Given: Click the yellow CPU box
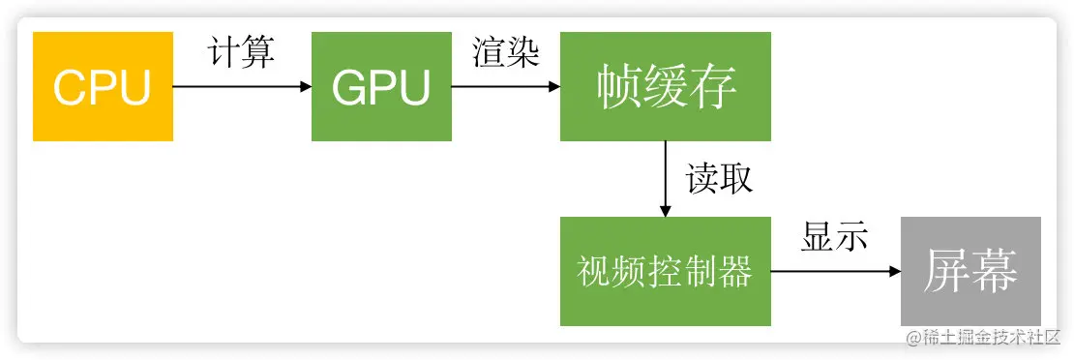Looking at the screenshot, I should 103,86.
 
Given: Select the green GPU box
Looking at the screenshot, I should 380,86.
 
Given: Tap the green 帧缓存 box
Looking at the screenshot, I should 666,86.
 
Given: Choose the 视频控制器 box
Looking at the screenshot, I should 666,271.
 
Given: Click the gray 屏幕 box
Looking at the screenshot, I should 970,271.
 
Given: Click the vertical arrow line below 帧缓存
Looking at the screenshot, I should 666,174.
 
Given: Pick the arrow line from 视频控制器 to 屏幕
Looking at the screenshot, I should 832,271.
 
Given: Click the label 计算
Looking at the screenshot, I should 242,52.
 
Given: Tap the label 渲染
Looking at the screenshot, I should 505,52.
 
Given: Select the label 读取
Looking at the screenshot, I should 719,179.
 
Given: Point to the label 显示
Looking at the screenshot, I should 834,237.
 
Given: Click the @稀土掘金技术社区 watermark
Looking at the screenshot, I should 983,337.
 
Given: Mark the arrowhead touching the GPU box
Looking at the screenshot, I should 305,86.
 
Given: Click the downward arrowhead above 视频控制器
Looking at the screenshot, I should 666,210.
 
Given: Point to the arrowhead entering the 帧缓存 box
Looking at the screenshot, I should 553,86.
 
